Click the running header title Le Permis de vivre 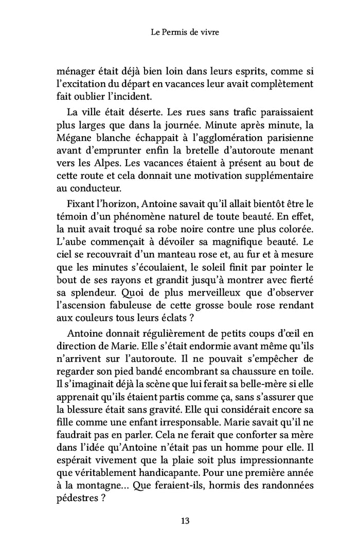179,33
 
